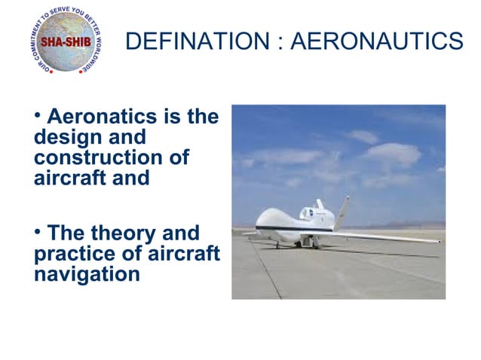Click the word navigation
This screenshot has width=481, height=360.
[x=87, y=274]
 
